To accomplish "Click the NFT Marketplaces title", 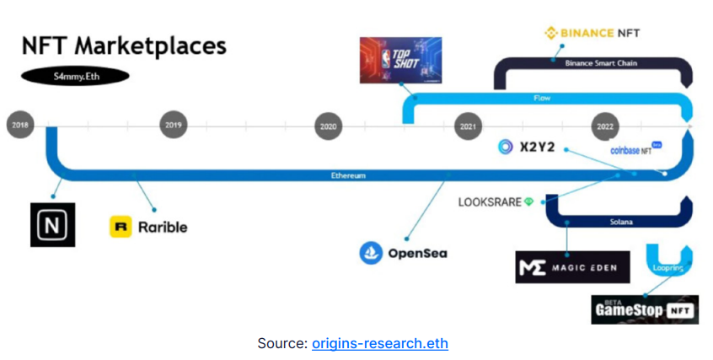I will pyautogui.click(x=124, y=46).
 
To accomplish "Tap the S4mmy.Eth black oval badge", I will pyautogui.click(x=75, y=77).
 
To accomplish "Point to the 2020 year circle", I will pyautogui.click(x=328, y=126).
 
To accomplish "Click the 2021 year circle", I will pyautogui.click(x=469, y=126).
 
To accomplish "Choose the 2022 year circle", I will pyautogui.click(x=605, y=126).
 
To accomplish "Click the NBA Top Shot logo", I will pyautogui.click(x=400, y=60).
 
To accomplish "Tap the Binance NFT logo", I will pyautogui.click(x=593, y=34).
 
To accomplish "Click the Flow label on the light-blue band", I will pyautogui.click(x=543, y=99).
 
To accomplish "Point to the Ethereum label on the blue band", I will pyautogui.click(x=348, y=176).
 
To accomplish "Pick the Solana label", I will pyautogui.click(x=621, y=222).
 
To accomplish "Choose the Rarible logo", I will pyautogui.click(x=149, y=226).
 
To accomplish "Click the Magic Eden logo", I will pyautogui.click(x=572, y=267).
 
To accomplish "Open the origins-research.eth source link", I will pyautogui.click(x=379, y=343).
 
